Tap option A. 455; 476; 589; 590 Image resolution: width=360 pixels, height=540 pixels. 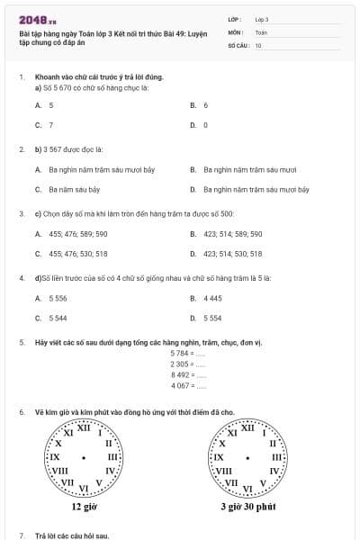(x=72, y=234)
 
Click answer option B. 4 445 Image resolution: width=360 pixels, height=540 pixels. (x=207, y=298)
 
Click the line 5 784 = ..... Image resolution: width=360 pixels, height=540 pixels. (x=187, y=354)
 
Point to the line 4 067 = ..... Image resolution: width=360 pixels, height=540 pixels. (x=187, y=386)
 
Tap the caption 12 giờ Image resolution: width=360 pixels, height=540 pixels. (x=84, y=507)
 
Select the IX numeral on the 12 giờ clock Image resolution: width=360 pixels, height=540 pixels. (x=53, y=457)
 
